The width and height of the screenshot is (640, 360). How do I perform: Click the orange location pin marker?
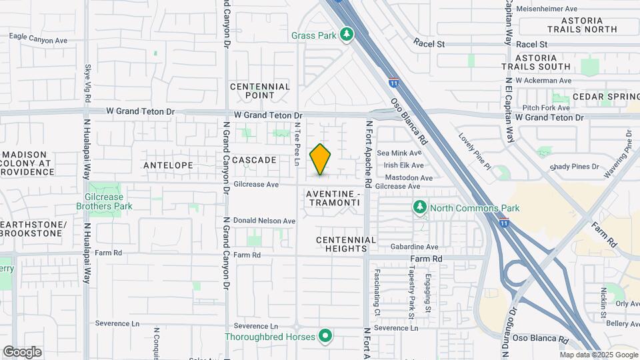click(x=321, y=159)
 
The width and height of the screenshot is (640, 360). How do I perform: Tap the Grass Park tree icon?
click(x=346, y=34)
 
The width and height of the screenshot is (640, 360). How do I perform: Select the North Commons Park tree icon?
click(x=419, y=208)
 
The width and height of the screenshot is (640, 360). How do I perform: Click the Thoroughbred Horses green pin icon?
click(x=325, y=336)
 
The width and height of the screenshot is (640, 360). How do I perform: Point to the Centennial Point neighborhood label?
click(x=260, y=91)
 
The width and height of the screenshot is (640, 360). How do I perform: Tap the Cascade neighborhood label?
click(x=254, y=160)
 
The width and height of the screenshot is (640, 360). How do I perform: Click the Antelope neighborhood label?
click(x=169, y=165)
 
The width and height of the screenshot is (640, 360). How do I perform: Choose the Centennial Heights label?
click(x=346, y=244)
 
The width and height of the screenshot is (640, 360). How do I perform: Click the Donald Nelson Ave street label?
click(x=264, y=221)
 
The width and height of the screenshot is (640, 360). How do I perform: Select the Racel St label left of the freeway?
click(x=428, y=44)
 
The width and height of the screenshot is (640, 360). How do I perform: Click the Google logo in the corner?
click(x=22, y=351)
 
